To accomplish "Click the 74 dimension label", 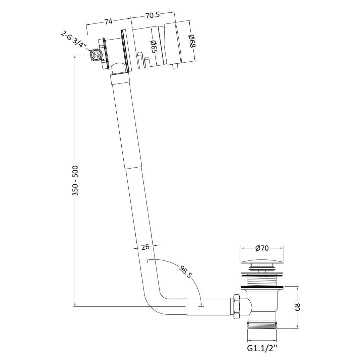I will click(x=108, y=21).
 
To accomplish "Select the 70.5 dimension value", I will click(x=153, y=15).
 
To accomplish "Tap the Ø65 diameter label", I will click(x=154, y=47).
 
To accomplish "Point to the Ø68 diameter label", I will click(x=192, y=41).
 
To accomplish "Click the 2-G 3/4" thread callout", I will click(x=74, y=40).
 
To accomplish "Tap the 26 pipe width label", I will click(x=145, y=247).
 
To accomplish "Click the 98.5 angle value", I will click(x=185, y=271).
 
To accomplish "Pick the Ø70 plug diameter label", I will click(x=262, y=248).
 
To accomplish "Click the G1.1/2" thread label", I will click(x=262, y=348).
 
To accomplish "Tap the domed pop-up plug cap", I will click(x=262, y=261).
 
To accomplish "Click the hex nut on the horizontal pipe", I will click(x=237, y=306).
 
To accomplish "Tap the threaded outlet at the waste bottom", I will click(x=262, y=325).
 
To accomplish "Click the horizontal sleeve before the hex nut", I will click(x=208, y=306).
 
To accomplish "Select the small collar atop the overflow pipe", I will click(x=120, y=79).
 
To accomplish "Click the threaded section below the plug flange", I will click(x=262, y=281).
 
